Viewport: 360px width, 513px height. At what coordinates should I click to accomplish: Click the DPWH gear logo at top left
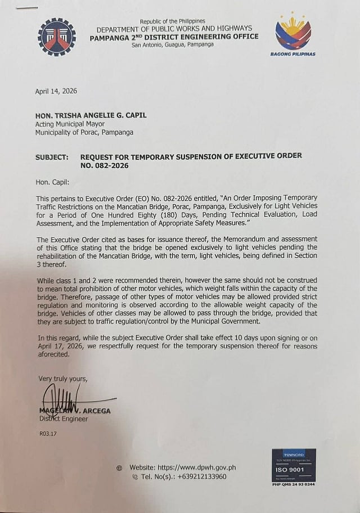coord(56,37)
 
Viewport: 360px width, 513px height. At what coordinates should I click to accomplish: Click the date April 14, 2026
coord(56,91)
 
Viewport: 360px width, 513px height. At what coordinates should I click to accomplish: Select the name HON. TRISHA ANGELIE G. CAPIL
coord(92,115)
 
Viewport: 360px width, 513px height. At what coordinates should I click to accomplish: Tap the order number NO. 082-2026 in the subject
coord(104,165)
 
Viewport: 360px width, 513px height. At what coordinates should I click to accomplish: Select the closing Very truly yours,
coord(62,378)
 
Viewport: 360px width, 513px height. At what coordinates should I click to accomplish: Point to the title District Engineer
coord(63,418)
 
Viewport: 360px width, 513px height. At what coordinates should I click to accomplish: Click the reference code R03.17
coord(48,434)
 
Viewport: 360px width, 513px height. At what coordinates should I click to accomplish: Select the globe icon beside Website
coord(119,467)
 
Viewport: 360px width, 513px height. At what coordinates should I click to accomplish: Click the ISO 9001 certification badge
coord(293,466)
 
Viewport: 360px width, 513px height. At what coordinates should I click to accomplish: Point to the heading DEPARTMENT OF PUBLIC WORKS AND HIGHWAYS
coord(174,29)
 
